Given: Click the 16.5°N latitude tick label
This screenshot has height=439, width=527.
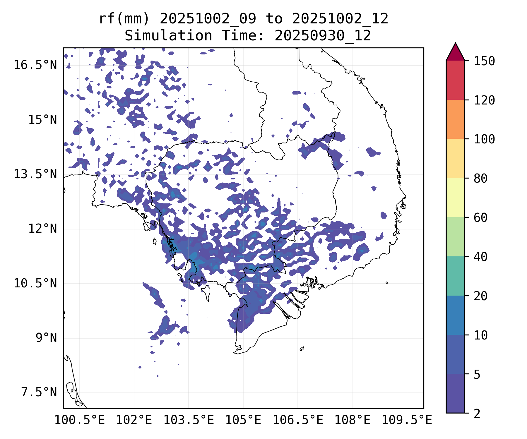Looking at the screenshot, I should pos(35,65).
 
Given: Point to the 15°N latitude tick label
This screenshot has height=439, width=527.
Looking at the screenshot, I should pos(42,120).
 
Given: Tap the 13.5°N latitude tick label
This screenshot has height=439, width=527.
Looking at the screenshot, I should pos(35,174).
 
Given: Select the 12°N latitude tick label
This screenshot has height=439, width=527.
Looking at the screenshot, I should pos(42,229).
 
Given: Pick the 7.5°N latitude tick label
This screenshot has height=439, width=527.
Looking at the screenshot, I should pos(39,392).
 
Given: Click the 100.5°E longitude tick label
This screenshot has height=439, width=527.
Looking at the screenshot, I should pos(80,420).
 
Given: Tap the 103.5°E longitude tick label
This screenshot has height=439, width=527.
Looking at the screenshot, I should pos(189,420).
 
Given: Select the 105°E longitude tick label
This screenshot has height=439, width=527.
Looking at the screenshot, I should pos(243,420).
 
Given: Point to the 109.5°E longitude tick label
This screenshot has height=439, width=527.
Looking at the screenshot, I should pos(407,420).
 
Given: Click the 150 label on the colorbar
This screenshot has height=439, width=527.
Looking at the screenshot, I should pos(485,61).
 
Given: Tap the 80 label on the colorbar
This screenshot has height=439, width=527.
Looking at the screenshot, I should pos(481,178).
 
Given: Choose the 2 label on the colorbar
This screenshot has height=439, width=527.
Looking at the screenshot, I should pos(477,414).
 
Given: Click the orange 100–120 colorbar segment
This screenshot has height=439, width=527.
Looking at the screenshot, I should pos(455,119).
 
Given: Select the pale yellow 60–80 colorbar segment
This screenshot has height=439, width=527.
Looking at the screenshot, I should pos(455,198).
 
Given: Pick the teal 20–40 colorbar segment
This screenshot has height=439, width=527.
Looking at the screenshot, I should pos(455,276).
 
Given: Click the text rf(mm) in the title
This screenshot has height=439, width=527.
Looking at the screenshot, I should pos(124,19).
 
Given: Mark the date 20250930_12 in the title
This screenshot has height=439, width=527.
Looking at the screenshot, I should pos(323,36).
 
